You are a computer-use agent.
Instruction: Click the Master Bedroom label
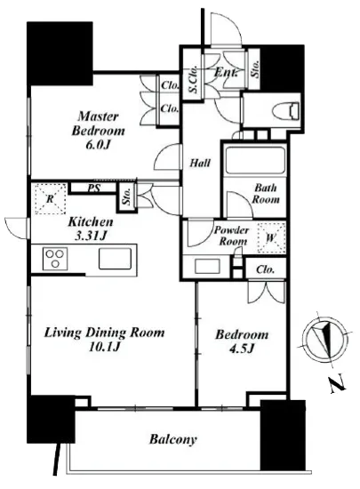pos(98,124)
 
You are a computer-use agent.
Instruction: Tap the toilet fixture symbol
pos(285,111)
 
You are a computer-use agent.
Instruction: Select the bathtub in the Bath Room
pos(255,160)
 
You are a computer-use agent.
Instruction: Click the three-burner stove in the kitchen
pos(55,258)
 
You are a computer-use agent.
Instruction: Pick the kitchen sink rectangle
pos(115,258)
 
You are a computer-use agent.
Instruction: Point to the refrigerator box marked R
pos(51,199)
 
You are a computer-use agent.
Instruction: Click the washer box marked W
pos(271,238)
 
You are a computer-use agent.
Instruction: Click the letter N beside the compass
pos(338,383)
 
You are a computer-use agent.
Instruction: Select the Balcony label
pos(173,439)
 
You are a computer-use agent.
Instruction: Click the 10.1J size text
pos(104,347)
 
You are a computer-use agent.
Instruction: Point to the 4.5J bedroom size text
pos(242,349)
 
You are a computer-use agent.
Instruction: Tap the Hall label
pos(200,163)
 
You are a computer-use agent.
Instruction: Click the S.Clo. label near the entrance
pos(194,79)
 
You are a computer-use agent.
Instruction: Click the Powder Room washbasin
pos(207,266)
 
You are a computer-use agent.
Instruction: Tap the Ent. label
pos(226,73)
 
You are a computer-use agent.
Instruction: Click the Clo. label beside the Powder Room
pos(265,269)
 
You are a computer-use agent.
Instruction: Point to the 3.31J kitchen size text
pos(90,236)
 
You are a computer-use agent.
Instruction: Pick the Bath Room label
pos(266,193)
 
